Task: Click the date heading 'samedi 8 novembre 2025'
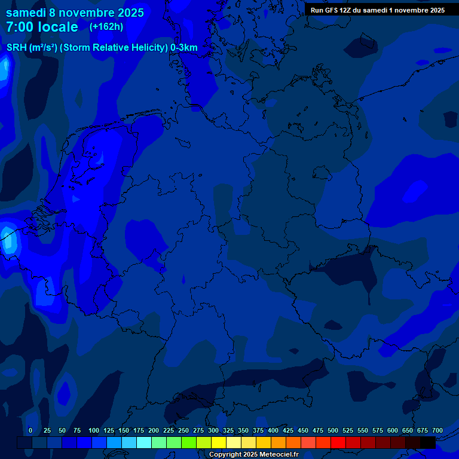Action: point(75,13)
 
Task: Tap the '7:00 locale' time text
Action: point(42,27)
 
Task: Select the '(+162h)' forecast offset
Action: point(106,27)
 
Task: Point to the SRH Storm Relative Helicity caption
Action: point(102,48)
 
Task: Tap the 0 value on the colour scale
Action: point(30,430)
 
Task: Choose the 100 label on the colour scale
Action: point(94,430)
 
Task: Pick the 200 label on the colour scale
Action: point(154,430)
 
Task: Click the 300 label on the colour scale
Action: point(213,430)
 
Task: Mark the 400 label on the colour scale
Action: point(273,430)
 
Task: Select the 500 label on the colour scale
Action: point(333,430)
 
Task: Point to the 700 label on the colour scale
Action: point(437,430)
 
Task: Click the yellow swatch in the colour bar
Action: point(219,442)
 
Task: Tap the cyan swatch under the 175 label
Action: point(143,442)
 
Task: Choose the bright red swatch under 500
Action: point(338,442)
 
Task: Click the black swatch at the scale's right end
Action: point(428,442)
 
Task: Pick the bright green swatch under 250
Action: point(189,442)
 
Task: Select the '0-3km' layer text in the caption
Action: point(184,48)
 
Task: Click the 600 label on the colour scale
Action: point(393,430)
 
